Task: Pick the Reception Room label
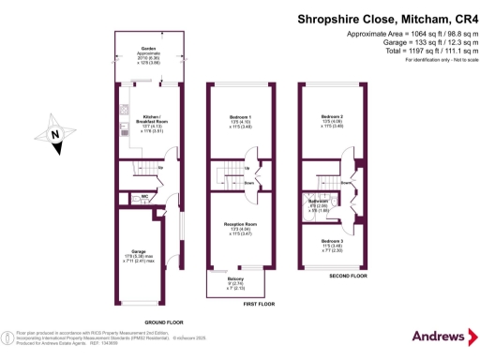[x=242, y=224]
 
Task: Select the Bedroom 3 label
[x=332, y=242]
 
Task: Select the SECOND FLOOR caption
[x=348, y=276]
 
